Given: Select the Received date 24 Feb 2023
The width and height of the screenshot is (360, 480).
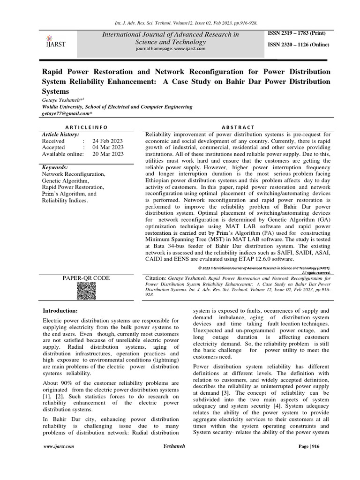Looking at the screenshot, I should coord(108,141).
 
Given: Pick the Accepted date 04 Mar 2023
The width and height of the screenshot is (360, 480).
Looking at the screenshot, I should coord(108,147).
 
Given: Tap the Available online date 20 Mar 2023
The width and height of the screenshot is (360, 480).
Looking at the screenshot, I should coord(108,154).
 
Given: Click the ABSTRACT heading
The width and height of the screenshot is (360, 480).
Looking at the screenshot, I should coord(239,127).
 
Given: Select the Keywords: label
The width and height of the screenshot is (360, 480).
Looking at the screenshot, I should coord(55,167).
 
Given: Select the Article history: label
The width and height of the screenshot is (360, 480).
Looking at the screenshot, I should coord(60,134).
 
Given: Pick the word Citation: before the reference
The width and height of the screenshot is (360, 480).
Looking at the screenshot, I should coord(157,278).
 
